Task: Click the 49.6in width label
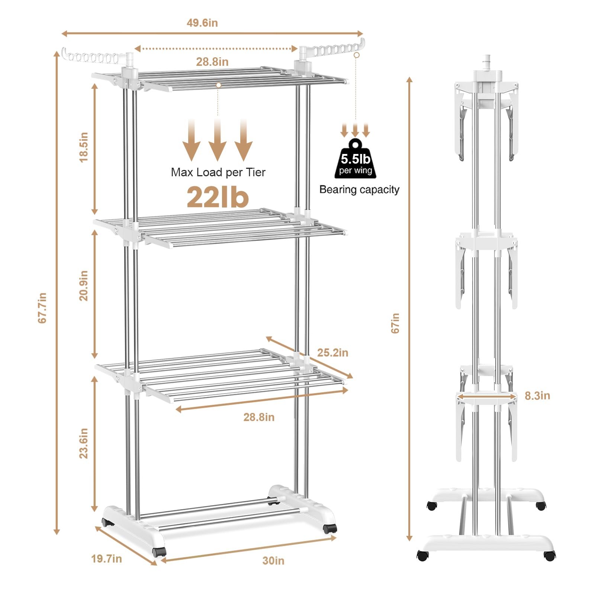click(x=202, y=23)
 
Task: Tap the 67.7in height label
click(x=42, y=308)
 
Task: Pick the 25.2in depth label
click(x=332, y=352)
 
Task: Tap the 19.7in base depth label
click(x=107, y=559)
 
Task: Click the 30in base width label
click(x=273, y=560)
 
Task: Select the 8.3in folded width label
click(x=537, y=395)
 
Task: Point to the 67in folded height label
click(x=395, y=323)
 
